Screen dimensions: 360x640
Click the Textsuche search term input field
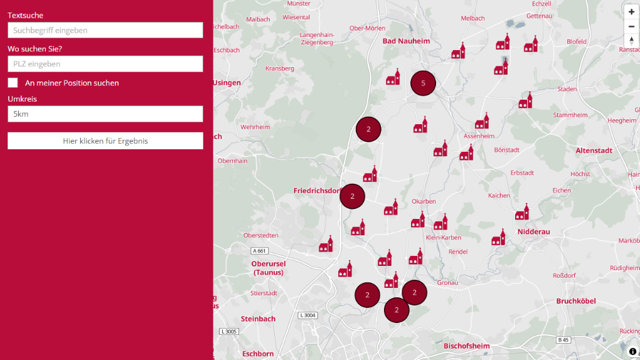tap(105, 30)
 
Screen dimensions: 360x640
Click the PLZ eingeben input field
tap(105, 64)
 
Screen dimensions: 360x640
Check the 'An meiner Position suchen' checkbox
tap(13, 83)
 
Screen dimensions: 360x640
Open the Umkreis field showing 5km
tap(105, 114)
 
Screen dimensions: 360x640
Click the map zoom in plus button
tap(631, 12)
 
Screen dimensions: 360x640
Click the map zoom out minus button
tap(631, 26)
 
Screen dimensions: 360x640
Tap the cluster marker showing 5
tap(423, 83)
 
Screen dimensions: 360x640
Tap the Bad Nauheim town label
tap(405, 41)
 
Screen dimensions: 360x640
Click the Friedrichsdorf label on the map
tap(317, 190)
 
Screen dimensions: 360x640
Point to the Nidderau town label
tap(534, 231)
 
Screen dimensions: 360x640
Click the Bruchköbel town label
tap(576, 301)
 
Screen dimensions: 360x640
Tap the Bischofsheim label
tap(466, 346)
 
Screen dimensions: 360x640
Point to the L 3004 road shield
tap(307, 315)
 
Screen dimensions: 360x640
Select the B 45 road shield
tap(563, 340)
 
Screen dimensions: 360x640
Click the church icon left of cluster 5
tap(393, 77)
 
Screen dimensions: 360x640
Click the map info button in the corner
tap(632, 351)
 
